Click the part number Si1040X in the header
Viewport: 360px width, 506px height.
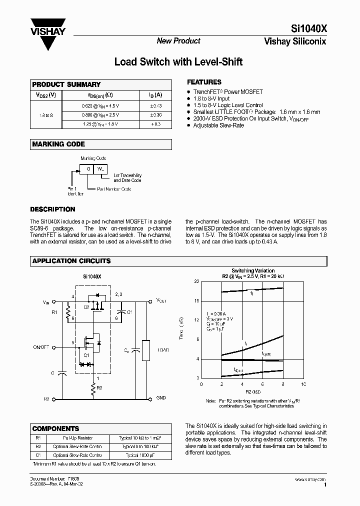click(x=308, y=29)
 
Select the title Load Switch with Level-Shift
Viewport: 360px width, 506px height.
click(x=178, y=62)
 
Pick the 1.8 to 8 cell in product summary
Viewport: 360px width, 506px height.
click(x=45, y=115)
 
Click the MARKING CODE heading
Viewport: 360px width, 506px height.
click(x=58, y=144)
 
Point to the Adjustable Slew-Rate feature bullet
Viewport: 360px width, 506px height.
click(x=218, y=125)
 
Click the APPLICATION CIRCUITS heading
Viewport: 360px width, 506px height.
click(x=71, y=261)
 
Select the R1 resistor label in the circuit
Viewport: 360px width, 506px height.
click(x=54, y=312)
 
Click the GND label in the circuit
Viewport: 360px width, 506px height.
click(x=160, y=398)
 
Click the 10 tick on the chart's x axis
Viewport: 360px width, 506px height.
click(x=303, y=384)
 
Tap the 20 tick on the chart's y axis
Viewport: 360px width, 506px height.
click(x=196, y=282)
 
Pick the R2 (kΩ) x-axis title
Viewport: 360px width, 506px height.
click(x=252, y=391)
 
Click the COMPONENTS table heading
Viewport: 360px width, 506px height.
click(x=56, y=428)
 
